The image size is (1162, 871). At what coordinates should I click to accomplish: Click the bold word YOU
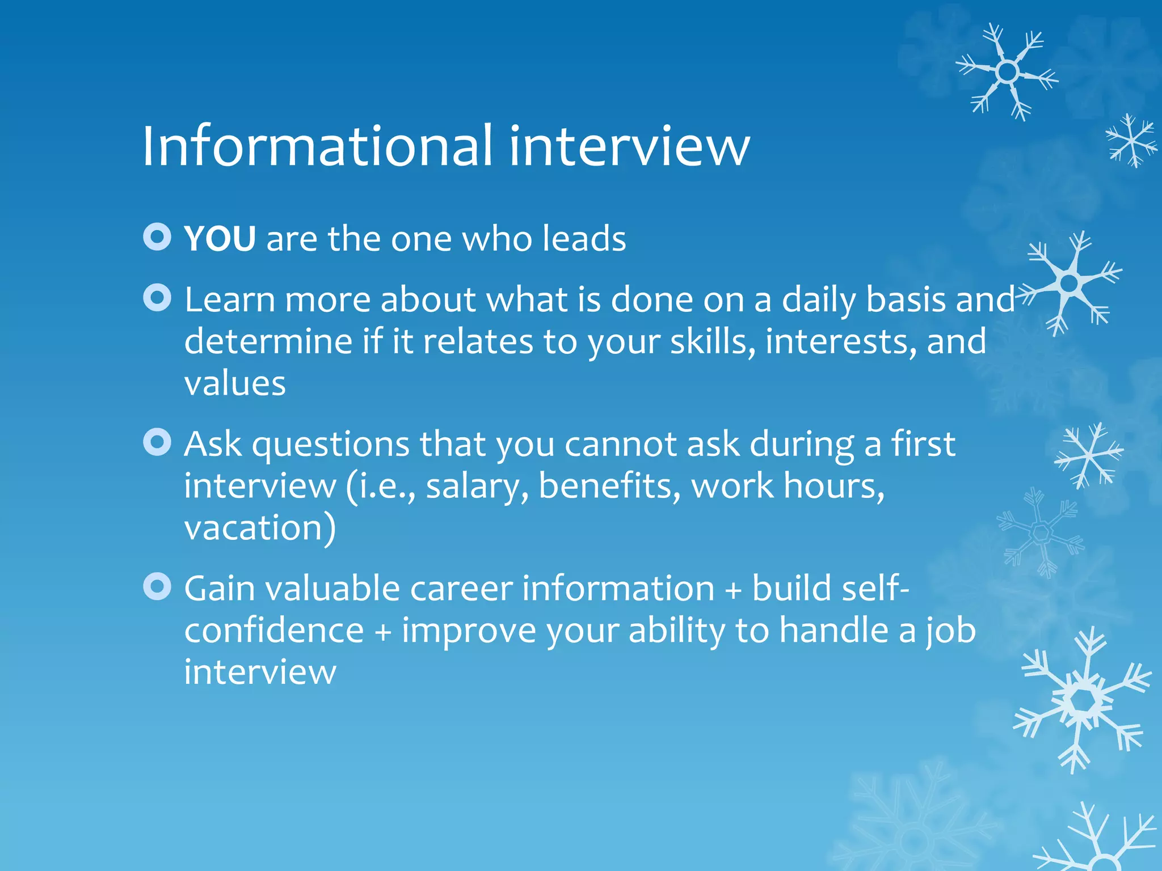coord(220,239)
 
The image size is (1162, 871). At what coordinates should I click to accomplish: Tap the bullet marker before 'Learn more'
coord(157,298)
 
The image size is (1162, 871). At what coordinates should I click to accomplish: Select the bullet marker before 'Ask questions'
coord(157,442)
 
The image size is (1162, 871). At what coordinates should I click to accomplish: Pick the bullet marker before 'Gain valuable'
coord(157,586)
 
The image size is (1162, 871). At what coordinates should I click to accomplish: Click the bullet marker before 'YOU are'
coord(157,237)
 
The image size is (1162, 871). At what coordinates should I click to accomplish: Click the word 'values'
coord(235,384)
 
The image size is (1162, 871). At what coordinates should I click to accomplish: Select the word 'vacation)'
coord(260,528)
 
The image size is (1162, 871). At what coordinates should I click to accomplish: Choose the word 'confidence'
coord(274,631)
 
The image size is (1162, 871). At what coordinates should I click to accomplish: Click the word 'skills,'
coord(713,342)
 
